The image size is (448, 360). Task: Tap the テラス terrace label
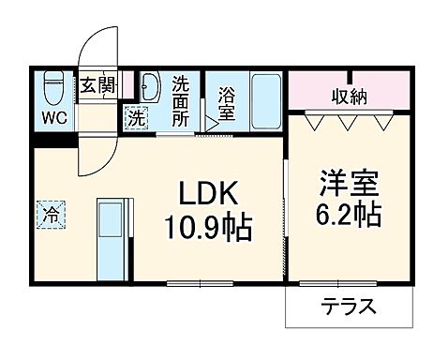pos(348,306)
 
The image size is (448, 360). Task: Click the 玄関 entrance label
pos(97,85)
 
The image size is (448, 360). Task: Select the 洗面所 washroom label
pos(181,101)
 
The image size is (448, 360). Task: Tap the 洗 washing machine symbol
pos(137,119)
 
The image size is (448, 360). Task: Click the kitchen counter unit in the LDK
pos(113,234)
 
